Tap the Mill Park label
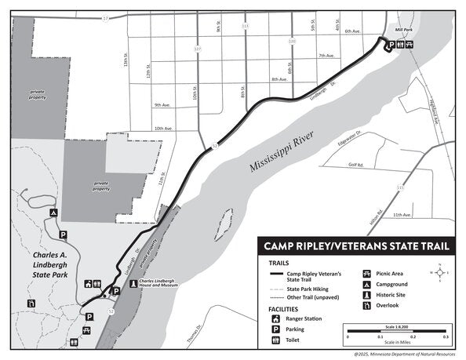(x=403, y=27)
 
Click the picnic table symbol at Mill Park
(x=410, y=45)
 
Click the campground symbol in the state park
(x=53, y=212)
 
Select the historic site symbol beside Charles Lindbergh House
(x=133, y=284)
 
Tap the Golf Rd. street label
(x=357, y=165)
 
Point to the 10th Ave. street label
(x=163, y=128)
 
